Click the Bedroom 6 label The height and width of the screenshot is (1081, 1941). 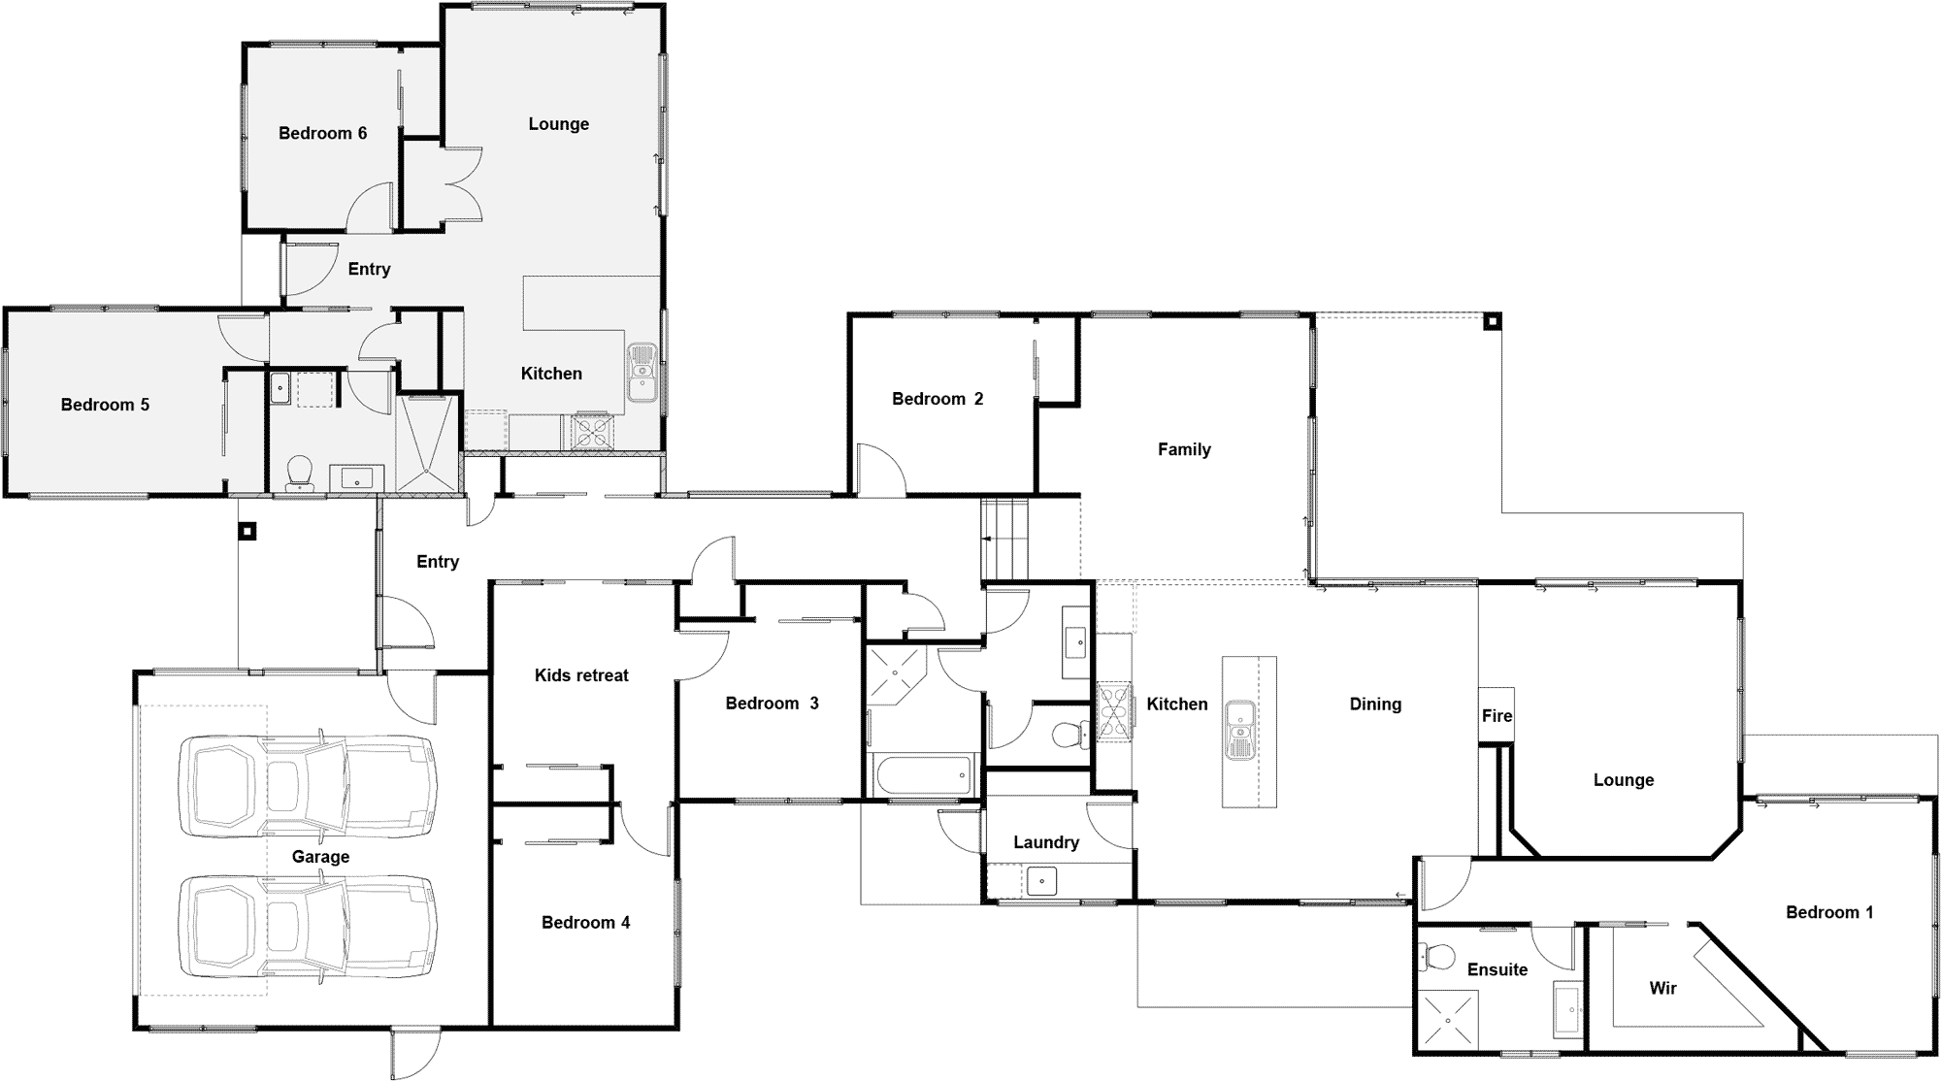[322, 133]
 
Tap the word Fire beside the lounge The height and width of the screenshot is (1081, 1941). [1497, 716]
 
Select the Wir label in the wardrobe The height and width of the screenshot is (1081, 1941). [1662, 989]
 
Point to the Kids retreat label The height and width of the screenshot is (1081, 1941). [581, 675]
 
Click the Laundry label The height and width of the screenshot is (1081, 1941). [1046, 842]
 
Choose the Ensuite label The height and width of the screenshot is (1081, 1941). [1497, 969]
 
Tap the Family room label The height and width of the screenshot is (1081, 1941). [1184, 449]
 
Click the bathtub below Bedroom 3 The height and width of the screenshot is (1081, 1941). [923, 775]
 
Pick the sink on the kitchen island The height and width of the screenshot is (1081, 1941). [1241, 730]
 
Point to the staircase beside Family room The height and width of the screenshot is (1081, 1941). [1004, 539]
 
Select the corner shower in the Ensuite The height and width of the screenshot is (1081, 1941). [1447, 1020]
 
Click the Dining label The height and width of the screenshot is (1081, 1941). [1375, 704]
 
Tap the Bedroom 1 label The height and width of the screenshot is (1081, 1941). [1829, 912]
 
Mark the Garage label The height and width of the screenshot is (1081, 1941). [320, 857]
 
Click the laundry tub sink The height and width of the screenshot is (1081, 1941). [1041, 881]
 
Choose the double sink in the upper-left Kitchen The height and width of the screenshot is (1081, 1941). [642, 373]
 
